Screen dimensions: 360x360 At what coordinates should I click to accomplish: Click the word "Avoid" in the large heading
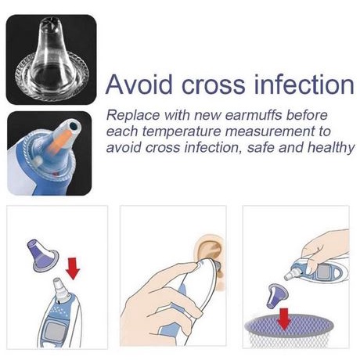(x=139, y=85)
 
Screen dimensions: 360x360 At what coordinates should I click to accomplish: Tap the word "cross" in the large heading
(x=213, y=85)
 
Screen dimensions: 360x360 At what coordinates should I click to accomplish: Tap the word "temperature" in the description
(x=182, y=131)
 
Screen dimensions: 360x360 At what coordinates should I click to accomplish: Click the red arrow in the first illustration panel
(x=73, y=268)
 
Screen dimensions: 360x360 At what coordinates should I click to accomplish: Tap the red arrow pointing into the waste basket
(x=284, y=319)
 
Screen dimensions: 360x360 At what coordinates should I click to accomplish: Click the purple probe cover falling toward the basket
(x=277, y=296)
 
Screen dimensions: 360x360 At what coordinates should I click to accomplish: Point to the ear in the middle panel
(x=210, y=252)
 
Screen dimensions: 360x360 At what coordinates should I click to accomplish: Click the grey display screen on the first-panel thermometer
(x=56, y=333)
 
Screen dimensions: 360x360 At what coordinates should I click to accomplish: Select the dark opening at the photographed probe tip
(x=74, y=127)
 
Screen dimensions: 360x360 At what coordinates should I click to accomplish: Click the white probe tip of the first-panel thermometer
(x=60, y=289)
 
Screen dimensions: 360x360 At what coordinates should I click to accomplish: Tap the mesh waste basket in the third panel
(x=289, y=331)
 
